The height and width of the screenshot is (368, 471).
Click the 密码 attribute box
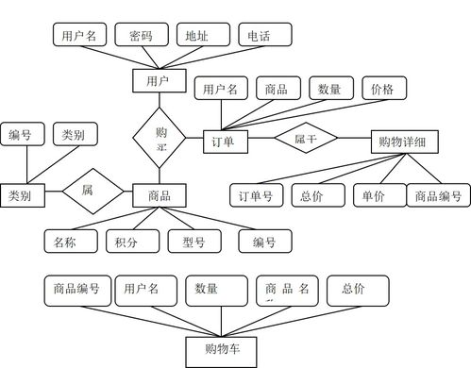142,37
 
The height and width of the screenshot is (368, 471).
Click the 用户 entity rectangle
158,81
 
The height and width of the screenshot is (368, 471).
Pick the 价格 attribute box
384,89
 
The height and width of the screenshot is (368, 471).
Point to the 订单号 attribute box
256,196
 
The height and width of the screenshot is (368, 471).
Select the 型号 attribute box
193,243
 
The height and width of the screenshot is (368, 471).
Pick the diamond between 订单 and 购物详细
306,139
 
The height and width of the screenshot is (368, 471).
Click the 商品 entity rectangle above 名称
158,195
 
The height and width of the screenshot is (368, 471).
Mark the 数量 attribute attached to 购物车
214,290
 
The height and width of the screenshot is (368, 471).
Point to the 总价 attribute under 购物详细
311,196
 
